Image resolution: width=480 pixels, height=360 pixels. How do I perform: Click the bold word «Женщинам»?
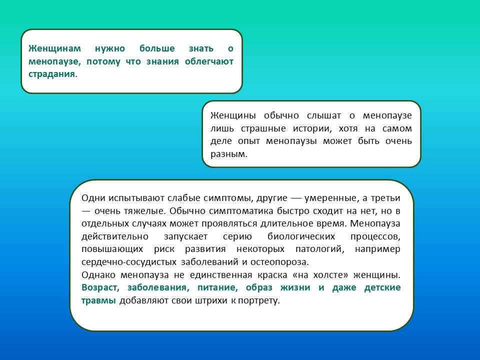coord(55,48)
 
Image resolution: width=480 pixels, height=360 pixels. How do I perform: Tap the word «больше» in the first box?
coord(157,48)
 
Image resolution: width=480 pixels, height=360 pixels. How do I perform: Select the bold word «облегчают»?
coord(209,61)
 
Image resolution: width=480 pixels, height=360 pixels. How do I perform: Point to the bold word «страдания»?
coord(51,74)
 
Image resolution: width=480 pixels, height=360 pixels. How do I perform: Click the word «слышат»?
coord(324,115)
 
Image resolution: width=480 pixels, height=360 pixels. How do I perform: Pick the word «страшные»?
coord(263,128)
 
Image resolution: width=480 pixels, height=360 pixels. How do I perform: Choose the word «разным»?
coord(228,154)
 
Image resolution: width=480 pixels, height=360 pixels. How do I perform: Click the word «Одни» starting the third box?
coord(93,198)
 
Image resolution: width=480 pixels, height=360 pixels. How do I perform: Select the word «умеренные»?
coord(330,198)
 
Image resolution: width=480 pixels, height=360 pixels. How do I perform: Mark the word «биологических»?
coord(301,236)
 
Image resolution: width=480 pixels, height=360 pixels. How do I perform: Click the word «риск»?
coord(164,249)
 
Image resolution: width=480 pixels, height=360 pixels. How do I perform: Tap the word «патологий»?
coord(318,249)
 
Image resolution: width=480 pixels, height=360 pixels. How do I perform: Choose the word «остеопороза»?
coord(278,262)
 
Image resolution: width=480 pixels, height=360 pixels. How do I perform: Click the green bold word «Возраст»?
coord(99,288)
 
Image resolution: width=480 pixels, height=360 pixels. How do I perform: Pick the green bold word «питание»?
coord(216,288)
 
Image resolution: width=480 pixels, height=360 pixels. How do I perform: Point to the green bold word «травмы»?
coord(98,300)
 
